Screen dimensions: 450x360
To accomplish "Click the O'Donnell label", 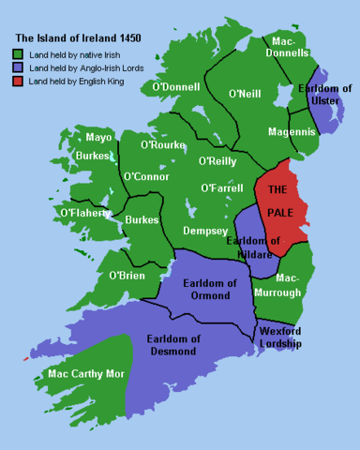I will (x=174, y=87).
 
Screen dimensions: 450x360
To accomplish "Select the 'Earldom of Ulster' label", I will (x=323, y=95).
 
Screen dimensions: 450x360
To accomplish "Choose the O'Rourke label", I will (x=165, y=145).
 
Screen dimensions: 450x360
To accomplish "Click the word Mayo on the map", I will (x=98, y=138).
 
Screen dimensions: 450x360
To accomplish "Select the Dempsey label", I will (x=205, y=231).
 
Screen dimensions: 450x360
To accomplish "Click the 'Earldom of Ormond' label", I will (x=209, y=289).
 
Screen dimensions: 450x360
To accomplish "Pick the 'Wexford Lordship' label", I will (x=280, y=337).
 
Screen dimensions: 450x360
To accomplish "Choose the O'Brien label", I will (x=127, y=276).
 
